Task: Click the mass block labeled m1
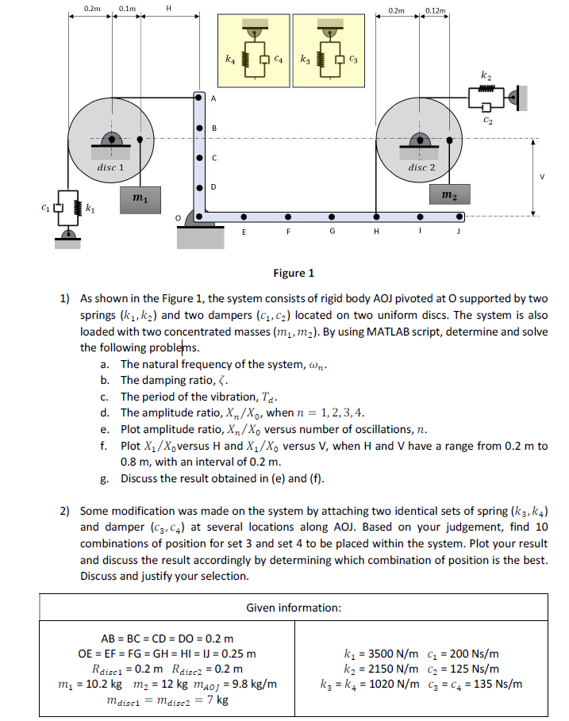point(139,195)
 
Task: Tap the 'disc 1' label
point(110,168)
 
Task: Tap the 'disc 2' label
point(421,168)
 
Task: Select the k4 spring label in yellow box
point(229,59)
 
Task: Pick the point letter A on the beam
point(213,98)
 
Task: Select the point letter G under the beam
point(332,232)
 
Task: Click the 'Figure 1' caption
point(293,273)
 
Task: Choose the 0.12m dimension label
point(436,10)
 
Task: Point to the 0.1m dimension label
point(126,8)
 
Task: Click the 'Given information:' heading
point(294,608)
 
